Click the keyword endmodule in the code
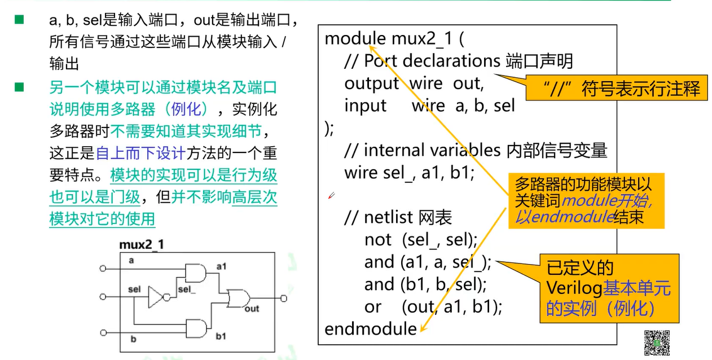(x=370, y=328)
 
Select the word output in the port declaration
(x=372, y=84)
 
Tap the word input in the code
(x=365, y=106)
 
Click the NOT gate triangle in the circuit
(x=155, y=296)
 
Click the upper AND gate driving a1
(x=195, y=273)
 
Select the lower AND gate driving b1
(x=195, y=327)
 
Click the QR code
(x=657, y=343)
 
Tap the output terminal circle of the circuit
(x=283, y=298)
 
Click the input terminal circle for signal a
(x=103, y=269)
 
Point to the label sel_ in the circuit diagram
(x=187, y=289)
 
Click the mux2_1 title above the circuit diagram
(x=141, y=245)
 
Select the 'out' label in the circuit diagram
(x=252, y=309)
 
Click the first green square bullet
(x=19, y=20)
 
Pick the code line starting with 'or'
(x=433, y=306)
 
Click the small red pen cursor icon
(x=331, y=195)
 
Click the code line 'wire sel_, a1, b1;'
(x=409, y=172)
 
